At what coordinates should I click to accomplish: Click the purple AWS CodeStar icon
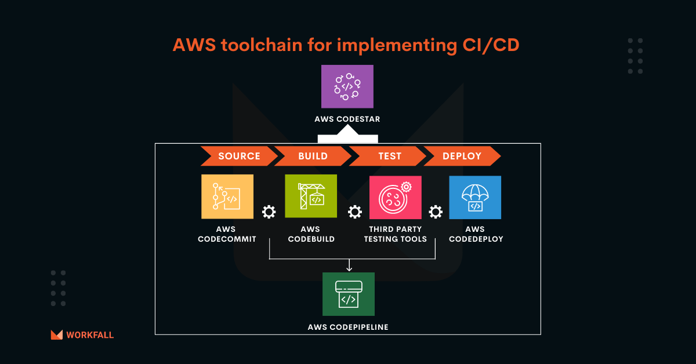(347, 86)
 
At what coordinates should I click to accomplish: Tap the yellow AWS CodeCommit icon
(227, 196)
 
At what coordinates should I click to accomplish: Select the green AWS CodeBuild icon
(311, 196)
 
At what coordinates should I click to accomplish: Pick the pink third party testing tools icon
(396, 198)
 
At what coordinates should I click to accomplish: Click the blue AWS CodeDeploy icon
(475, 198)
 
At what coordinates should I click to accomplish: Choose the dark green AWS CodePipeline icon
(349, 294)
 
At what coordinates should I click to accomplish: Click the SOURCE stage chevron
(239, 156)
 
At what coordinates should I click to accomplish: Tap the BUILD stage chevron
(313, 156)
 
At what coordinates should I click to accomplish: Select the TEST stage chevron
(388, 156)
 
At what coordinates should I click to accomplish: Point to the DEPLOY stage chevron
(462, 156)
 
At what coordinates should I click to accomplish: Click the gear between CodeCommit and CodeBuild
(269, 212)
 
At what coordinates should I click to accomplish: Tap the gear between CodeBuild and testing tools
(355, 212)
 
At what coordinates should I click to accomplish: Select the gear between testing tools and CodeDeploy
(436, 212)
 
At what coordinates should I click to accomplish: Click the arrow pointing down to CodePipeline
(349, 265)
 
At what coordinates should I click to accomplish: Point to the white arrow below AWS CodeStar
(347, 134)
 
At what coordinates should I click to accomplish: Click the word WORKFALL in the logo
(90, 335)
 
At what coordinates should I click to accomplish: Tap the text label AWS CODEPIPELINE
(348, 327)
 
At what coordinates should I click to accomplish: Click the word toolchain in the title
(262, 45)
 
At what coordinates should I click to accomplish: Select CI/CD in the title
(491, 45)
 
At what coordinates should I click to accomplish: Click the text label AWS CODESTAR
(347, 119)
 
